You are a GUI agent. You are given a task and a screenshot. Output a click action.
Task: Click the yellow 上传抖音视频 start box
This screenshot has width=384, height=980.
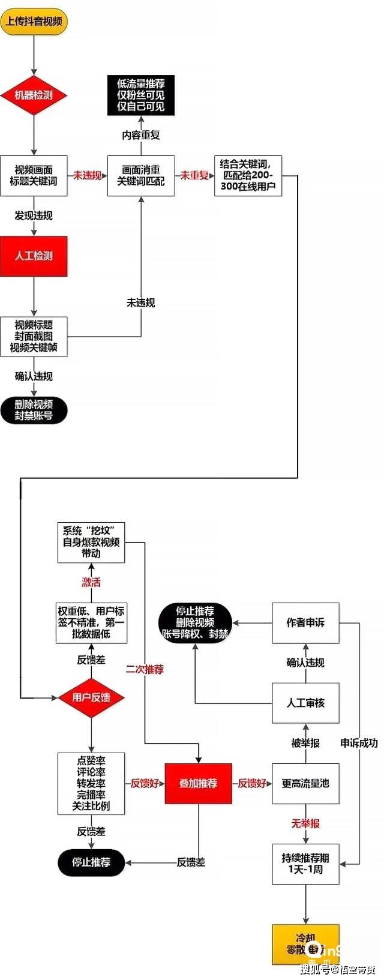point(34,22)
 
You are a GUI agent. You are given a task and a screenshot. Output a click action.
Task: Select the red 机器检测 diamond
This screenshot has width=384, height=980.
point(34,95)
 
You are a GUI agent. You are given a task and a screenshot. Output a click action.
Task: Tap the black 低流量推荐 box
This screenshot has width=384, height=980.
point(141,95)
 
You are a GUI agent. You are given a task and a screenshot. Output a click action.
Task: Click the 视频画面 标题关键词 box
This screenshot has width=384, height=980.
point(34,175)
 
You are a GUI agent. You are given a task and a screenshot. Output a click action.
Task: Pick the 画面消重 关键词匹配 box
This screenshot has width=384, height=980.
point(141,175)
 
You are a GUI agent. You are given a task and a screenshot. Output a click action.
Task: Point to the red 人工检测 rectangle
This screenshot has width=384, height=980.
point(34,256)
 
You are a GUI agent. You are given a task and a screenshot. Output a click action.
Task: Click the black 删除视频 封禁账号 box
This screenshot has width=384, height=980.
point(34,410)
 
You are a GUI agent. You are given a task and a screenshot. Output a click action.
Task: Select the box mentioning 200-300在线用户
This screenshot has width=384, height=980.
point(248,175)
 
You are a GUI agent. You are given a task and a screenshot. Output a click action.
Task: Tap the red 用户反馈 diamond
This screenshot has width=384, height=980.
point(91,697)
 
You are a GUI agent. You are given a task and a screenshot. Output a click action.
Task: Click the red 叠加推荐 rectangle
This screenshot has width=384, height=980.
point(198,783)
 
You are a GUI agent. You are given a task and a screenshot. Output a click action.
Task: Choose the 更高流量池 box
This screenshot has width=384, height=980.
point(305,783)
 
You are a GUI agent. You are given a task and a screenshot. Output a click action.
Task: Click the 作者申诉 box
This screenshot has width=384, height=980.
point(305,623)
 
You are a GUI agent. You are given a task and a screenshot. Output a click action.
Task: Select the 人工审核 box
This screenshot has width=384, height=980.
point(305,703)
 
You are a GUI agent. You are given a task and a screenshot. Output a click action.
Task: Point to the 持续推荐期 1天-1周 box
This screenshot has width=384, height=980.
point(305,864)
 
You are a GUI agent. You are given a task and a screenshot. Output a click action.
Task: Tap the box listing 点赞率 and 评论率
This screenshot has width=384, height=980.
point(91,783)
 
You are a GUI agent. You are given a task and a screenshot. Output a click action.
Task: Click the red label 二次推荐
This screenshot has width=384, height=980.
point(145,669)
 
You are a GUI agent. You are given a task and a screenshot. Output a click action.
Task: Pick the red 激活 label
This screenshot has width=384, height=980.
point(91,582)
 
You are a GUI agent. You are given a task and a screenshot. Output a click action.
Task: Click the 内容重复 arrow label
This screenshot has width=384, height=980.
point(141,135)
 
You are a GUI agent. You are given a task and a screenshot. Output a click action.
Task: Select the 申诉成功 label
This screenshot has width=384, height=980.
point(359,743)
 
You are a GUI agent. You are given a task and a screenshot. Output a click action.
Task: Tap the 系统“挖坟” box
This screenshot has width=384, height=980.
point(91,542)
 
